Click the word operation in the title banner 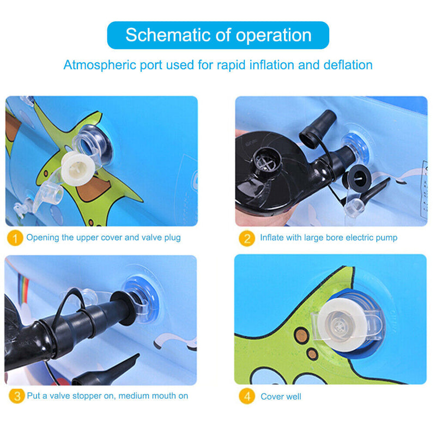pyautogui.click(x=274, y=36)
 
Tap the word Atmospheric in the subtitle pyautogui.click(x=100, y=65)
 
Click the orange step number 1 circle pyautogui.click(x=15, y=238)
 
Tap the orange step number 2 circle pyautogui.click(x=247, y=238)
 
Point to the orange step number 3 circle pyautogui.click(x=17, y=396)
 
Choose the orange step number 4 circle pyautogui.click(x=247, y=396)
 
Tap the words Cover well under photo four pyautogui.click(x=281, y=397)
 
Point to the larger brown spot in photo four pyautogui.click(x=301, y=335)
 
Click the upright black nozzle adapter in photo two pyautogui.click(x=317, y=126)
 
